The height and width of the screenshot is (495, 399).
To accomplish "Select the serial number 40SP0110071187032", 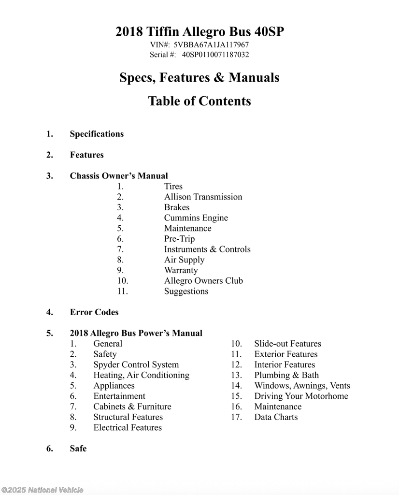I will (x=215, y=55).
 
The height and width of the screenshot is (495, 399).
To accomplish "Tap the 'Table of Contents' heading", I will (x=199, y=101).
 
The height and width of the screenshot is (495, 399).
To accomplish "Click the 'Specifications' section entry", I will (x=97, y=134).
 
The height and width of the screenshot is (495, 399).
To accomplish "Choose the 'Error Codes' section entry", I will (x=94, y=312).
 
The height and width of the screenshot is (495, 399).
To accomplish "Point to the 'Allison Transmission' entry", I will (x=203, y=197).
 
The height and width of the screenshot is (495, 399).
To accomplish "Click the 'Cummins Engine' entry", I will (x=196, y=218).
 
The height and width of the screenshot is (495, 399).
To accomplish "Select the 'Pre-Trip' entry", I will (x=179, y=239).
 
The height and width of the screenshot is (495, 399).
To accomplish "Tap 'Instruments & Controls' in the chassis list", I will (x=207, y=249).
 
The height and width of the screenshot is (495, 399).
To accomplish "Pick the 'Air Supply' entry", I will (x=184, y=260).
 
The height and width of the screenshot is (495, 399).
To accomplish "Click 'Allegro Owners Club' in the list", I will (x=203, y=281).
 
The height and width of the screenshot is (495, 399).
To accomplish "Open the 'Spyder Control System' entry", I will (x=136, y=365).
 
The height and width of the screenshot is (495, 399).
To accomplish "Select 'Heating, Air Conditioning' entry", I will (x=141, y=375).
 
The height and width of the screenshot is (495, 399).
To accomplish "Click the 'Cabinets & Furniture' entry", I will (x=132, y=407).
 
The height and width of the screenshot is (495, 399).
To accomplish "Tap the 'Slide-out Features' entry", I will (x=287, y=344).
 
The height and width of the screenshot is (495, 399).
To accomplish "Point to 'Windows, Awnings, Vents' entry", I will (x=302, y=386).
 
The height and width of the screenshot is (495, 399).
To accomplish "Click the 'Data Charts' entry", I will (x=276, y=417).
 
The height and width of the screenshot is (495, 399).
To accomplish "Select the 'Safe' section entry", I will (x=78, y=449).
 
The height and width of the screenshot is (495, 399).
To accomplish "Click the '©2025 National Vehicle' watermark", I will (x=42, y=490).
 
